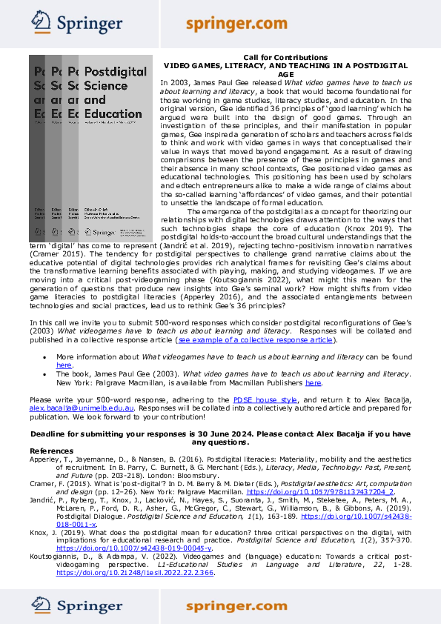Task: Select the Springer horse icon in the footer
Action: tap(40, 605)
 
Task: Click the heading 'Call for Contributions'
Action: tap(285, 58)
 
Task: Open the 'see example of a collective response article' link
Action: tap(254, 340)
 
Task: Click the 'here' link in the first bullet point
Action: tap(64, 365)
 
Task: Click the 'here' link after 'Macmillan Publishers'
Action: tap(314, 382)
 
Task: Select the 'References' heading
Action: tap(52, 451)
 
